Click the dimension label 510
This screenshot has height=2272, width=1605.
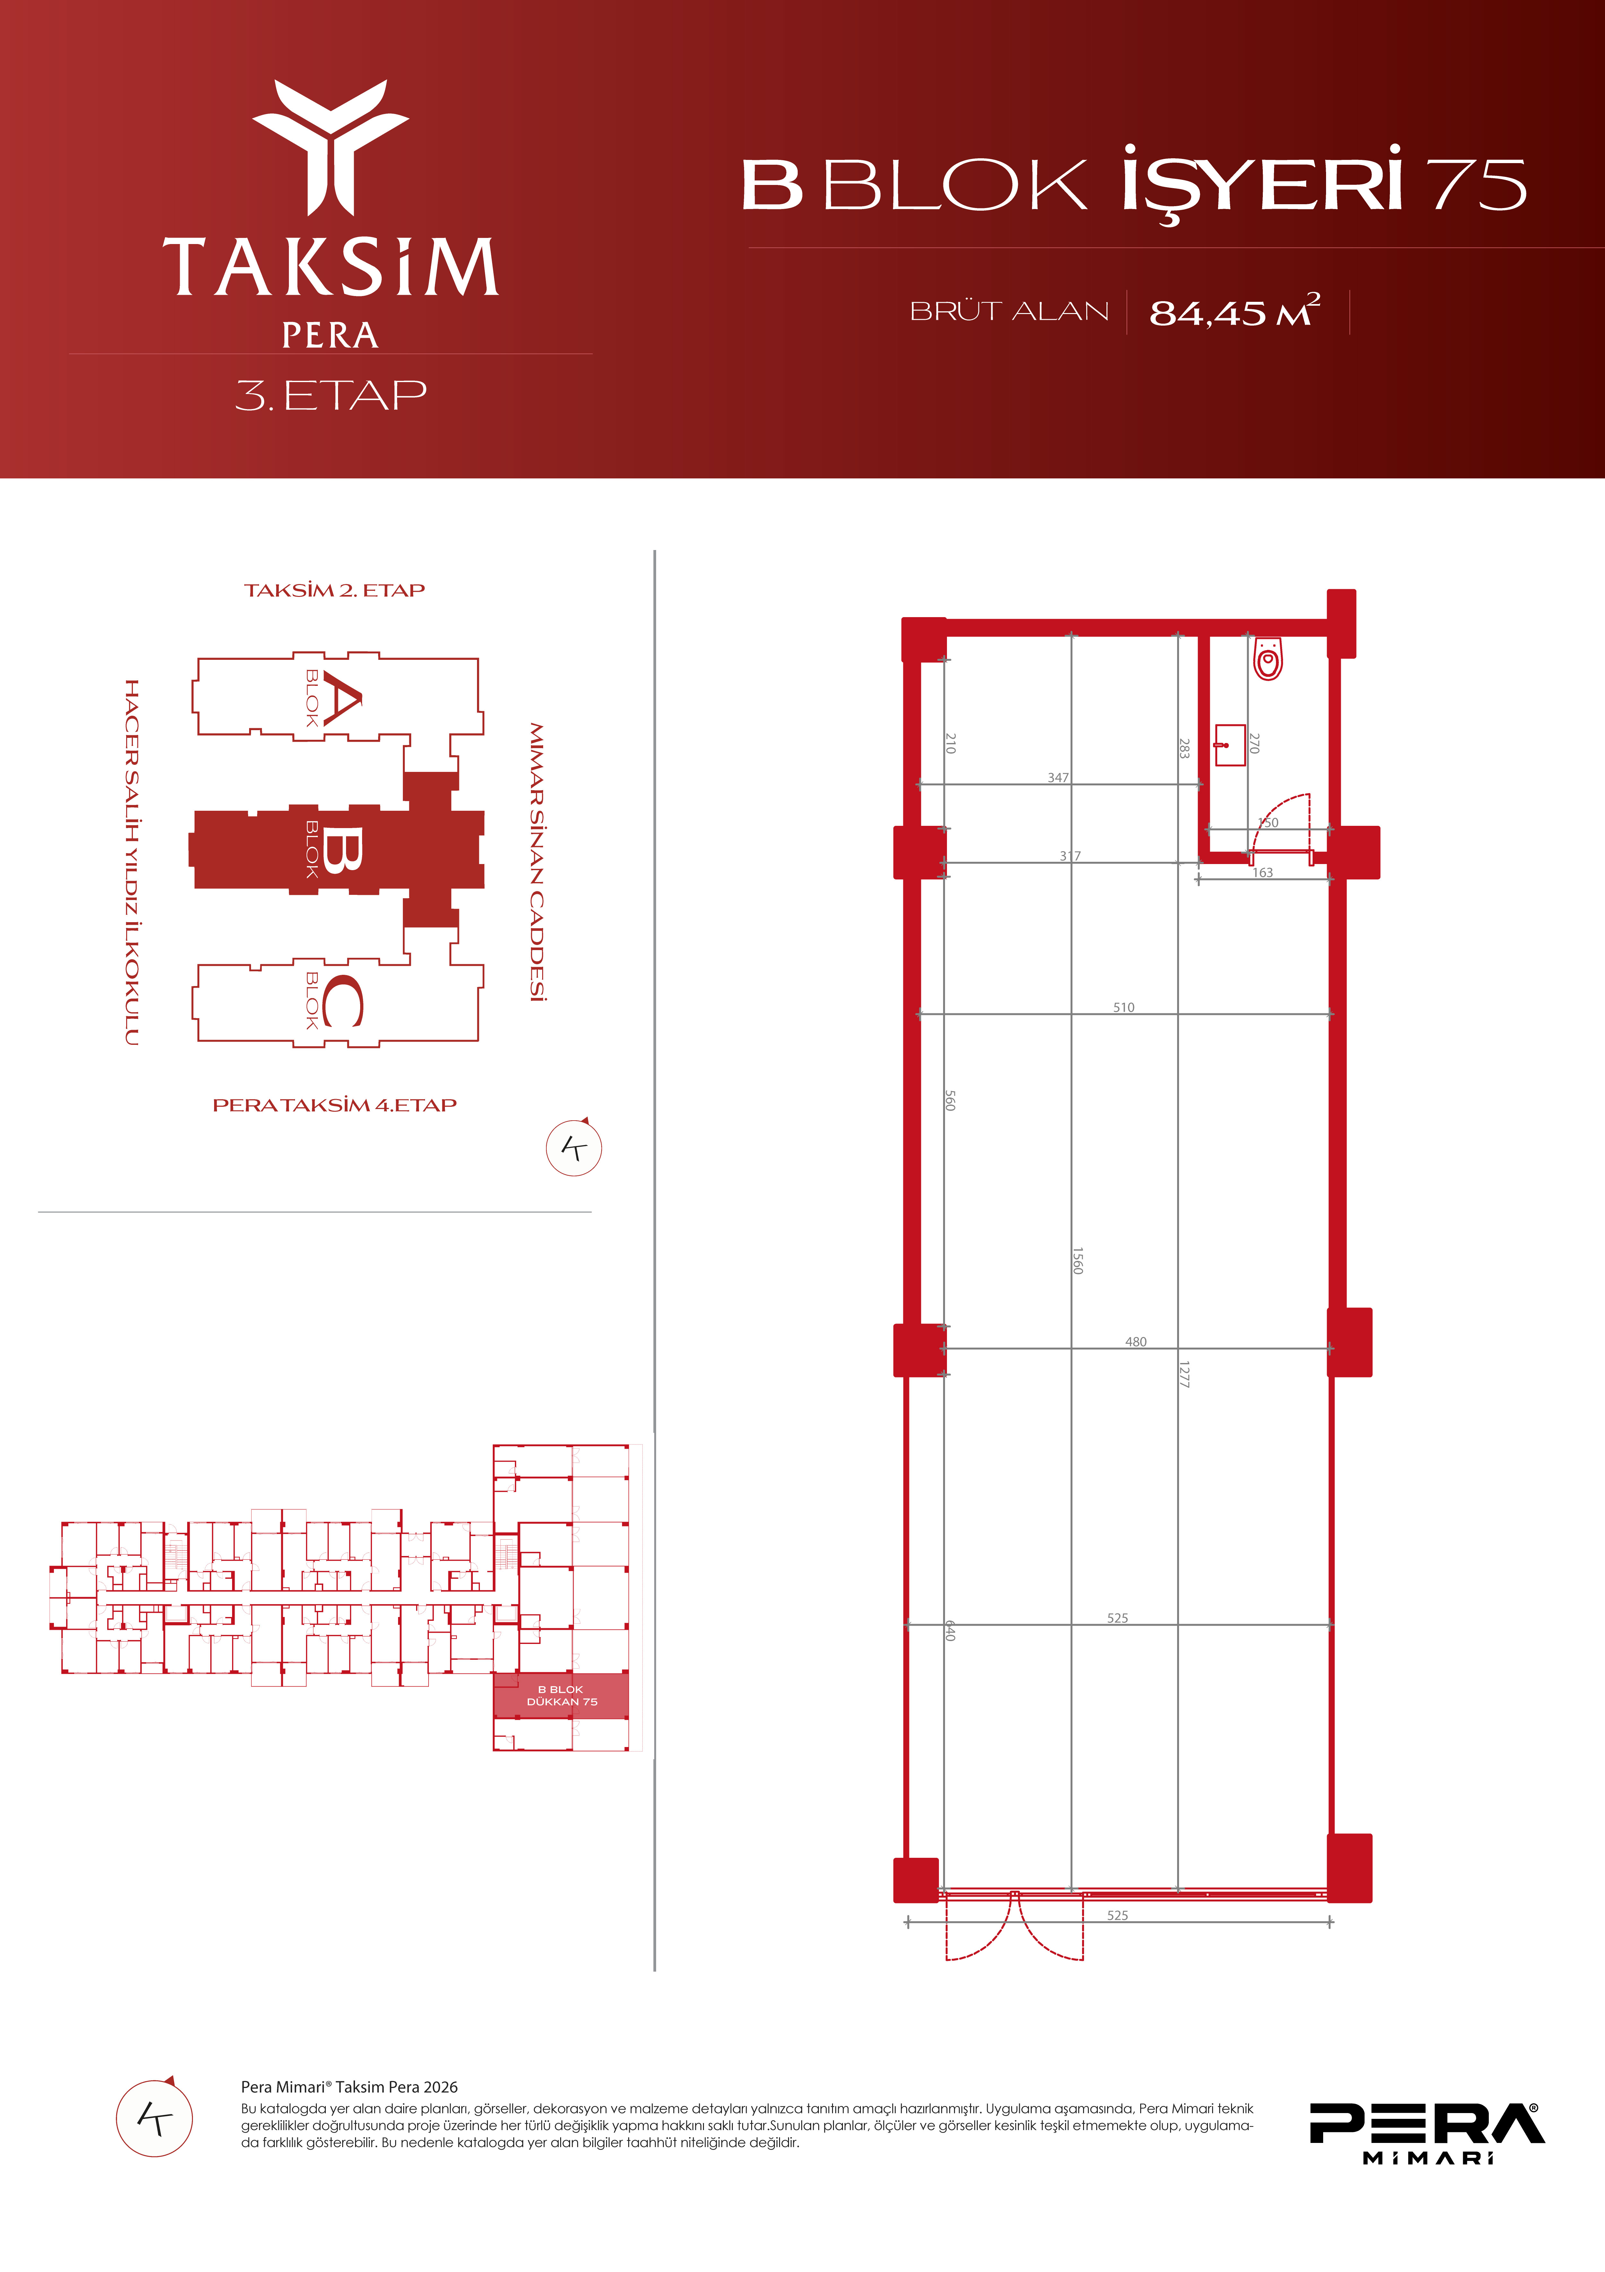tap(1124, 1007)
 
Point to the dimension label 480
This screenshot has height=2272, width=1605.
tap(1136, 1342)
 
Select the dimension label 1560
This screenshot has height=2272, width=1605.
tap(1079, 1261)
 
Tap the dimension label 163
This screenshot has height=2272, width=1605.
tap(1262, 873)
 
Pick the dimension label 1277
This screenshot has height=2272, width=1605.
tap(1184, 1375)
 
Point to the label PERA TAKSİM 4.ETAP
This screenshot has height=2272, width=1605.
tap(334, 1105)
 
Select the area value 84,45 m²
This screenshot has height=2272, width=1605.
tap(1235, 311)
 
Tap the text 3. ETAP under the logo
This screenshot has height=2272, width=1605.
tap(331, 396)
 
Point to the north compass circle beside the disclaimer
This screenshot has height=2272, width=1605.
tap(154, 2119)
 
